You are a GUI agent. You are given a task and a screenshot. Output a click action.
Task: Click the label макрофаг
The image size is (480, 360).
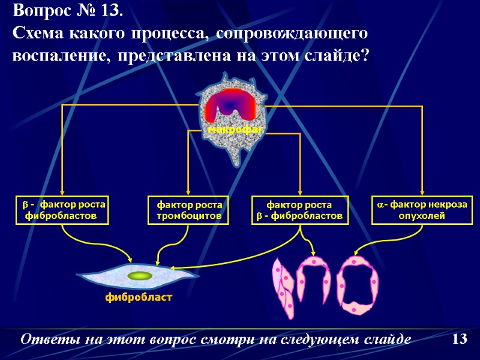[x=236, y=129]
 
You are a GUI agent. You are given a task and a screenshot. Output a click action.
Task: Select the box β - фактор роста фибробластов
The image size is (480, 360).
[x=62, y=209]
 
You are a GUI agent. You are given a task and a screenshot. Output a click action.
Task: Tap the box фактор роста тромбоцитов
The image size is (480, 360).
[x=189, y=209]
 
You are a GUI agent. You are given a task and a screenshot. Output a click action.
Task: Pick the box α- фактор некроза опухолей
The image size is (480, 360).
[x=422, y=209]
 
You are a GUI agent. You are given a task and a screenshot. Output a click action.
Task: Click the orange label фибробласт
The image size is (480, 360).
[x=139, y=297]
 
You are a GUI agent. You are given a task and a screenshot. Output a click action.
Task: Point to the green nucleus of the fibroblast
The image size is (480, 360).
[x=140, y=275]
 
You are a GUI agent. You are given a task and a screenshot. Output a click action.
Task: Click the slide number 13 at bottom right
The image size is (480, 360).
[x=459, y=340]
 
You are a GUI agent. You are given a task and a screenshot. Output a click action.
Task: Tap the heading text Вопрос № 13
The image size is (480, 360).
[x=68, y=11]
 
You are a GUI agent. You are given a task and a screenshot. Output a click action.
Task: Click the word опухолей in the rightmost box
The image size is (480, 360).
[x=422, y=215]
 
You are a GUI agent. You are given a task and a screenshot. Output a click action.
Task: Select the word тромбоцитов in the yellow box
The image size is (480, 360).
[x=189, y=215]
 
